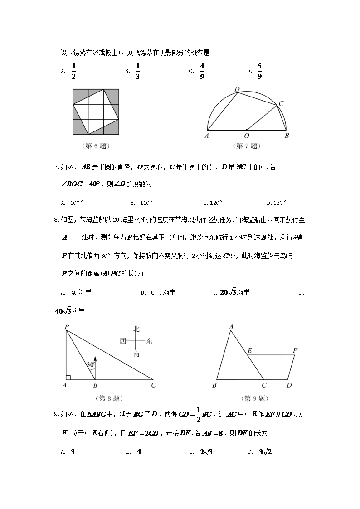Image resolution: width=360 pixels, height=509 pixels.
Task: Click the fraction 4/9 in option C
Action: click(202, 71)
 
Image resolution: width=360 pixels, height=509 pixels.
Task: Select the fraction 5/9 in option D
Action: click(260, 71)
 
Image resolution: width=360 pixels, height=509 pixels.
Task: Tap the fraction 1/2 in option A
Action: click(73, 71)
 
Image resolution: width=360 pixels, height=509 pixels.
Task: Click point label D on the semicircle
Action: click(237, 88)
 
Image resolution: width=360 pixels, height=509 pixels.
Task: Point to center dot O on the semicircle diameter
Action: click(247, 130)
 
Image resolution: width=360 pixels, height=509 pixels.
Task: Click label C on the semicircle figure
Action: click(281, 104)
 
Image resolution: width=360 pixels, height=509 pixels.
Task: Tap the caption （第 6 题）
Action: click(95, 146)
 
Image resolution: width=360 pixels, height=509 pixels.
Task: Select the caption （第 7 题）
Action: click(247, 146)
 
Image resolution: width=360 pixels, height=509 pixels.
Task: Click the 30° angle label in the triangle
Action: click(91, 364)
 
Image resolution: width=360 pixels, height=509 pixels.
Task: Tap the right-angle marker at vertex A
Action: click(68, 377)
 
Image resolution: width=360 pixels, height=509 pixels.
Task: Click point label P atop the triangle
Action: click(67, 327)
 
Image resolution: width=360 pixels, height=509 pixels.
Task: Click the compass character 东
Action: click(150, 341)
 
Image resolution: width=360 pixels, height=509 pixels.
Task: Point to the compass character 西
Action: click(123, 341)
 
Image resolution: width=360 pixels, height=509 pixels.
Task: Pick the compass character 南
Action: click(136, 354)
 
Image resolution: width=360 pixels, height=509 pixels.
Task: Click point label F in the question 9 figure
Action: click(295, 350)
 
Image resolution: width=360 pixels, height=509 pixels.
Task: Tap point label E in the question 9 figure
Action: click(249, 350)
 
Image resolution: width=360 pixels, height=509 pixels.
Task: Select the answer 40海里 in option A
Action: click(82, 292)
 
